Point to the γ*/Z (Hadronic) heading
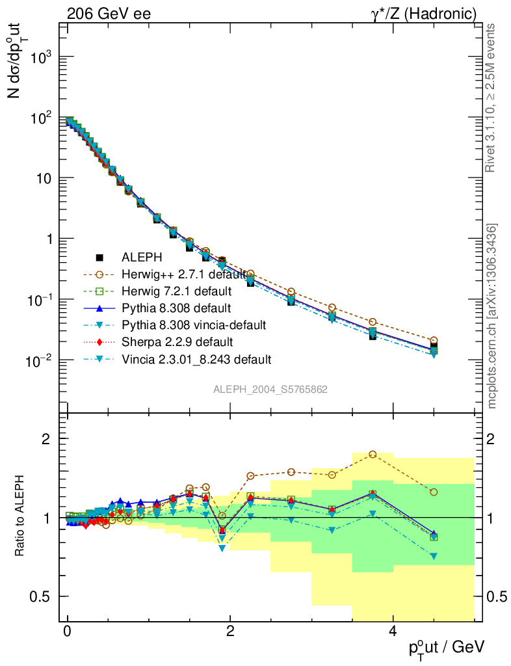423,13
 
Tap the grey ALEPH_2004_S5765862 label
270,390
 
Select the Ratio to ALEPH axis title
21,517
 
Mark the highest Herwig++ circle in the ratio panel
373,454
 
